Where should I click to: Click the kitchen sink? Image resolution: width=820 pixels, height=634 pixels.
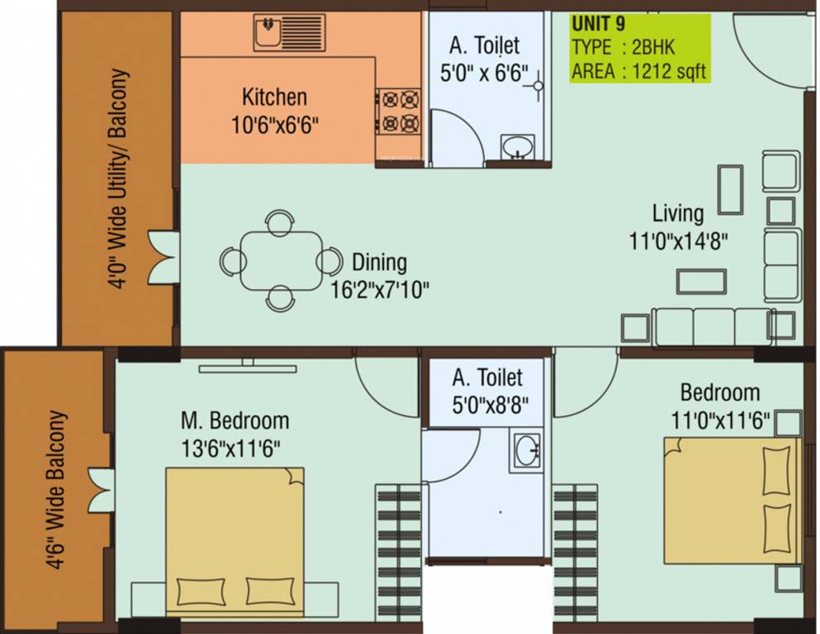coord(289,32)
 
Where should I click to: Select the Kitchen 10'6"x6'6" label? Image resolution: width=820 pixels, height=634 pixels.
coord(274,111)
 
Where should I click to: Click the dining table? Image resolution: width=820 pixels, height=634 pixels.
coord(282,260)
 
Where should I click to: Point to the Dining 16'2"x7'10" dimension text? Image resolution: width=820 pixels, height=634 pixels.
coord(380,276)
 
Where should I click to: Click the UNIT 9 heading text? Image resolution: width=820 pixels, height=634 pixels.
coord(598,24)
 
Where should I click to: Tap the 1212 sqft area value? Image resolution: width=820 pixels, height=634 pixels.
coord(669,70)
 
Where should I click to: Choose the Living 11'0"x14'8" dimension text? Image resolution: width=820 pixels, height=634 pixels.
coord(678,227)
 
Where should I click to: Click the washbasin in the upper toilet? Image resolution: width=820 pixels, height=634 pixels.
coord(518,146)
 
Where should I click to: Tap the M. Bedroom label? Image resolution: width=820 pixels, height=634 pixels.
coord(235,420)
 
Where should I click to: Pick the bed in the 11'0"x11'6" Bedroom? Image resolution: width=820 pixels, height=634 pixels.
coord(732,501)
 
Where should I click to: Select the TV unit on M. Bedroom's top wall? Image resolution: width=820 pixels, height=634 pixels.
coord(248,367)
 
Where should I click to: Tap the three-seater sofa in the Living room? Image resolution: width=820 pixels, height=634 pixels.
coord(713,327)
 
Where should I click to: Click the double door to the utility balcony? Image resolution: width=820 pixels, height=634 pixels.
coord(164,258)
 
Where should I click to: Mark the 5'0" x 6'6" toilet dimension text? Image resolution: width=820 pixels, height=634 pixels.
coord(484,73)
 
